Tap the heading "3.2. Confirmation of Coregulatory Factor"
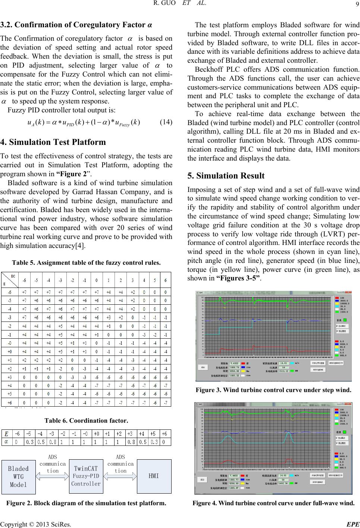click(76, 25)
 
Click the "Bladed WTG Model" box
click(18, 476)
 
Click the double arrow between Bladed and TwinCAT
click(53, 476)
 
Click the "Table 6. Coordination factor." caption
click(86, 420)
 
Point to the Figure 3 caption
click(273, 391)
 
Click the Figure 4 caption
click(273, 503)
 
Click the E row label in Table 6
click(6, 434)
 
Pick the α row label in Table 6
click(6, 441)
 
